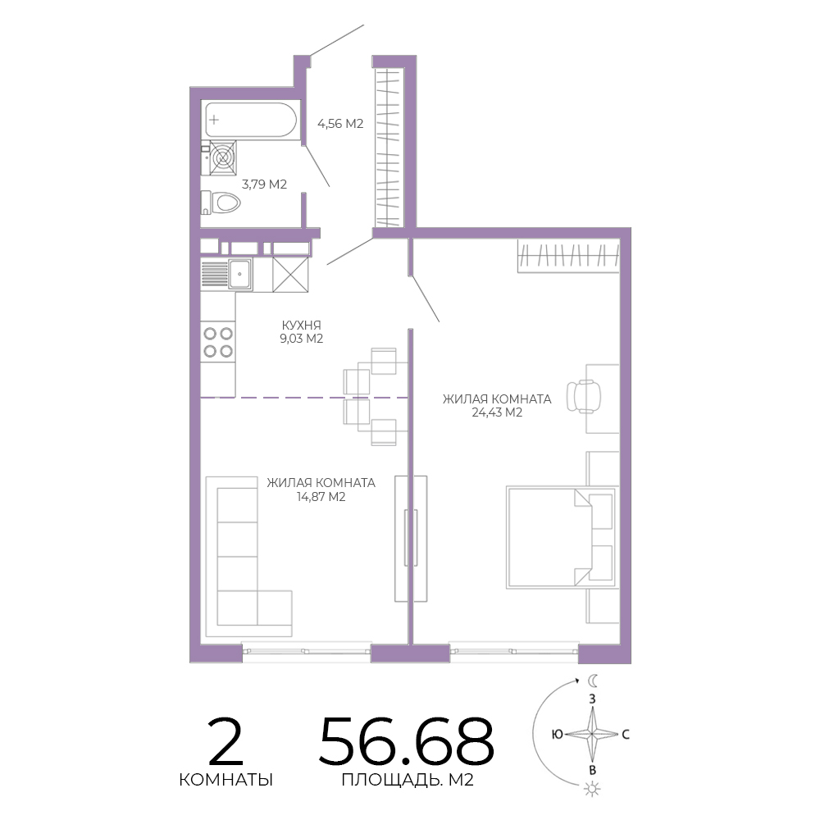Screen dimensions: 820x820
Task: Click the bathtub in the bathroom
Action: pos(250,120)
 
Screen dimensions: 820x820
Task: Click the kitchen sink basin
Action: pos(240,274)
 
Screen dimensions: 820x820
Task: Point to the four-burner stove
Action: pos(218,341)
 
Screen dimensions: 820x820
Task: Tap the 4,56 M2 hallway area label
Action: pos(340,124)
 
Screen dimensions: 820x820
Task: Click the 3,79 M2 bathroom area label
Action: pos(264,184)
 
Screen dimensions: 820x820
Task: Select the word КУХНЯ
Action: pos(301,325)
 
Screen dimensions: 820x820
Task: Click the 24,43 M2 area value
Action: pos(497,412)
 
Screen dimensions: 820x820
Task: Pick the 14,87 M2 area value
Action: pos(321,497)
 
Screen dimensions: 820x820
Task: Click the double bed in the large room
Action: pos(561,538)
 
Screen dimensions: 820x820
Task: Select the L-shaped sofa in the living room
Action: pos(249,557)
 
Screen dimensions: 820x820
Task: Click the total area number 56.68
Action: pos(407,741)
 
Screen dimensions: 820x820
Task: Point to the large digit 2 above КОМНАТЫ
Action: pos(225,741)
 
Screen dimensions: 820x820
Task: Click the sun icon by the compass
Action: pos(592,789)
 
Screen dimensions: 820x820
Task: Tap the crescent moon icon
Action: pos(593,681)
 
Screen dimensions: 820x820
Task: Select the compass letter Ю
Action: pos(558,734)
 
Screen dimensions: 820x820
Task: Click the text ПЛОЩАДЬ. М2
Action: pos(408,780)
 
